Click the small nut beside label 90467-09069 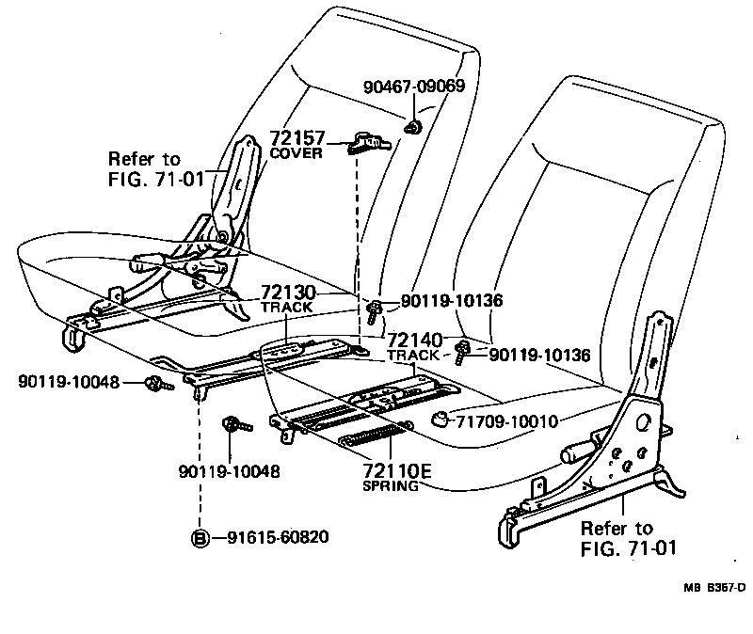[411, 126]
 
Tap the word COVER [296, 152]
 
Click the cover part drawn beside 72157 [366, 144]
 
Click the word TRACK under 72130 [286, 308]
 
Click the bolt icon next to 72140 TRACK [462, 354]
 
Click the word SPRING [390, 486]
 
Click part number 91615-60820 [277, 538]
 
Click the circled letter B [200, 538]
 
